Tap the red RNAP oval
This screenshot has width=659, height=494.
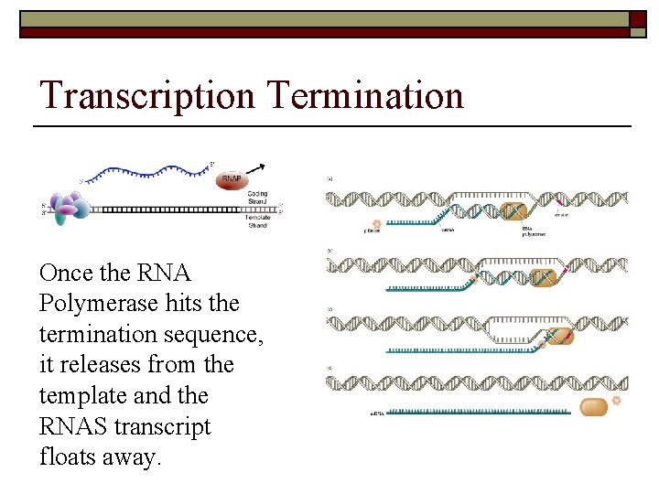232,180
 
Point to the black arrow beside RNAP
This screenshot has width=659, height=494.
261,169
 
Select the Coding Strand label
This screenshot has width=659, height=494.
258,199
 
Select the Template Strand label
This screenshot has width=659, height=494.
258,220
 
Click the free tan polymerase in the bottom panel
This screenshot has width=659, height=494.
593,406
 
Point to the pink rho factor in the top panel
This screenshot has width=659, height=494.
376,223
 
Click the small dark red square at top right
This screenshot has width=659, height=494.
638,19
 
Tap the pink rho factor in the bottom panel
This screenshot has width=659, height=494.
616,400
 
